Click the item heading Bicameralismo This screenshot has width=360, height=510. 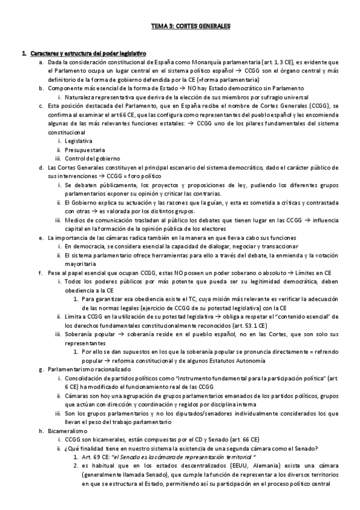pos(67,430)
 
